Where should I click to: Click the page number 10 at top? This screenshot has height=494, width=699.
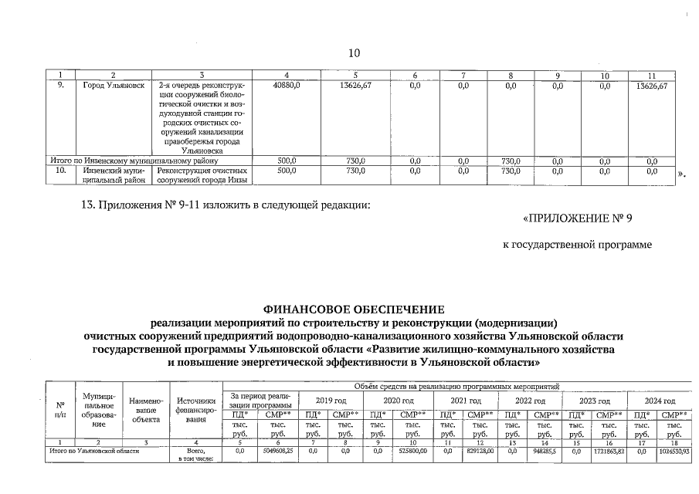354,52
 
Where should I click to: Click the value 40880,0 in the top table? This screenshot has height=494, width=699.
287,86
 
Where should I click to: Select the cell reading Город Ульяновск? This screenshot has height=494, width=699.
114,86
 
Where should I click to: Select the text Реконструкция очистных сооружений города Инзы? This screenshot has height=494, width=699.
202,175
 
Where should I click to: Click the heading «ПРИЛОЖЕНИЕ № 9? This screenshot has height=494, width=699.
577,218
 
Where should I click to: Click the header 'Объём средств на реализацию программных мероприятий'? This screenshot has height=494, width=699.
456,385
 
